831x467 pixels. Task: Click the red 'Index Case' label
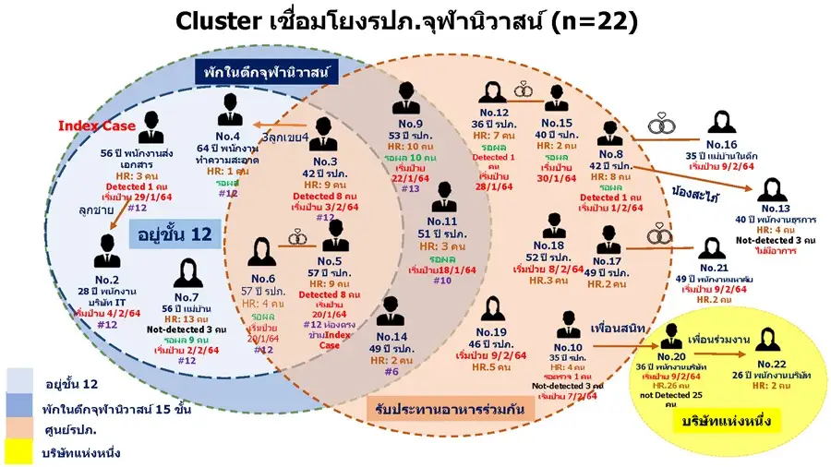pos(97,126)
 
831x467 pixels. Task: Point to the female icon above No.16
pos(721,126)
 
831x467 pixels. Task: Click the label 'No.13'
pos(777,209)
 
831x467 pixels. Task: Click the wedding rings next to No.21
pos(659,236)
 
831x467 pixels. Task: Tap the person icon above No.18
pos(553,225)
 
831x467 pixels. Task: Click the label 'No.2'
pos(108,279)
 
